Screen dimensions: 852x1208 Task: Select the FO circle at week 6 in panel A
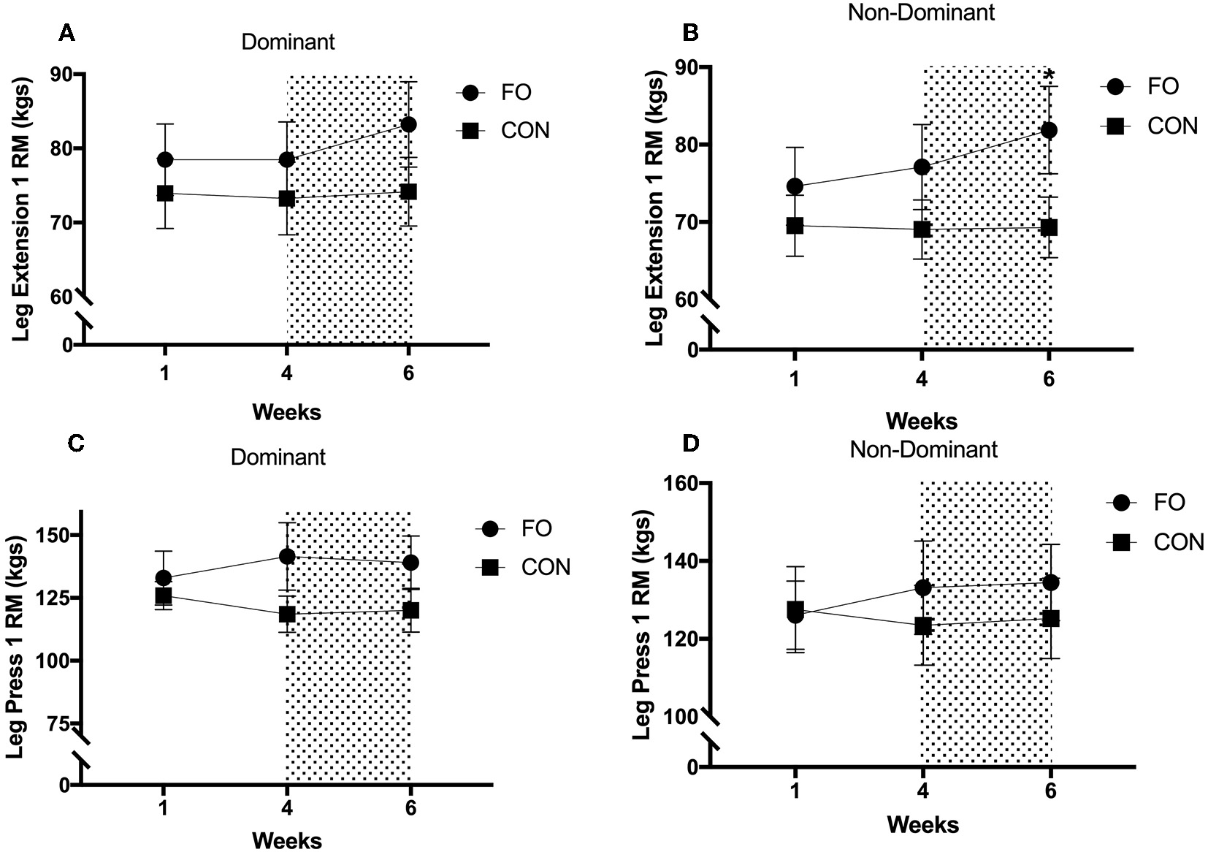pyautogui.click(x=409, y=125)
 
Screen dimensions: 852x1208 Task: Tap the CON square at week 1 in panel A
pyautogui.click(x=165, y=194)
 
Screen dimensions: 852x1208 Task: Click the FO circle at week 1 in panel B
pyautogui.click(x=795, y=186)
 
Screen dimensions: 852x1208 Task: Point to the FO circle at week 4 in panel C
pyautogui.click(x=287, y=557)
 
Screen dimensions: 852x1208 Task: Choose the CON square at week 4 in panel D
pyautogui.click(x=923, y=626)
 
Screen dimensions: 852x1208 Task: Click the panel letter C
pyautogui.click(x=75, y=442)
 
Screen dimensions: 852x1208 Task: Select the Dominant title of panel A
pyautogui.click(x=288, y=42)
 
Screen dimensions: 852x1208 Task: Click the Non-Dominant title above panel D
pyautogui.click(x=923, y=449)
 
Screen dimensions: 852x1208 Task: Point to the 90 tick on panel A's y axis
pyautogui.click(x=61, y=74)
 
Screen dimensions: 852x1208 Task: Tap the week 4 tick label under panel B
pyautogui.click(x=922, y=379)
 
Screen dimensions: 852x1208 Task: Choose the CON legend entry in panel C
pyautogui.click(x=545, y=567)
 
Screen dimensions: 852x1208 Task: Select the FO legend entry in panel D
pyautogui.click(x=1169, y=503)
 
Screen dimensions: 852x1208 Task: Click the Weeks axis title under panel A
pyautogui.click(x=286, y=412)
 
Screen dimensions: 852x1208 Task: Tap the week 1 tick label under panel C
pyautogui.click(x=163, y=809)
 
